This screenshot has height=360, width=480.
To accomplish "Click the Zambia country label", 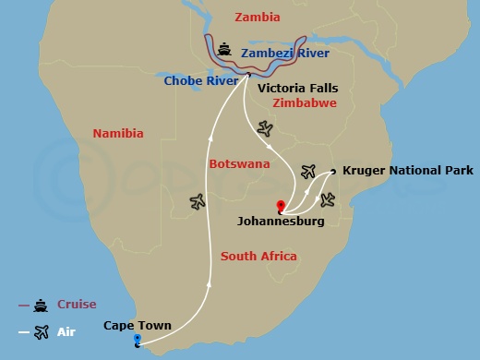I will coord(258,17).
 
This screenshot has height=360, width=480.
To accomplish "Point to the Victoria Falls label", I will coord(297,89).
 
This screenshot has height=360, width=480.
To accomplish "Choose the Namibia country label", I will coord(118,134).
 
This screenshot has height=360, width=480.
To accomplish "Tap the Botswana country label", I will coord(240,163).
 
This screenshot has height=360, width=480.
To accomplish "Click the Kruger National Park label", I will coord(407,171).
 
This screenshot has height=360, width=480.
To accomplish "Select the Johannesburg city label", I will coord(281,222).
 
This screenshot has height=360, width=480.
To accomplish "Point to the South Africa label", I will coord(258,256).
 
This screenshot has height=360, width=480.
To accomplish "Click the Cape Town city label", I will coord(137,326).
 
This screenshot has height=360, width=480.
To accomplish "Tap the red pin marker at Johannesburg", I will coord(281,206).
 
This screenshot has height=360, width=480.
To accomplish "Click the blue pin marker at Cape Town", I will coord(137,341).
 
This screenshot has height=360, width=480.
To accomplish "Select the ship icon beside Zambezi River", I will coord(224,48).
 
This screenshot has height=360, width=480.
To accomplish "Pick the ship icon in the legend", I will coord(41,306).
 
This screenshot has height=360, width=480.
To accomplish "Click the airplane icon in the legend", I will coord(41,332).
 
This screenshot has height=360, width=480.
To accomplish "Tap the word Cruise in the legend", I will coord(77,305).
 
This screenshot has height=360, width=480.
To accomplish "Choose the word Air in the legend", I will coord(66,332).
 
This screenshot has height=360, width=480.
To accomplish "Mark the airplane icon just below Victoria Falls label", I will coord(267,127).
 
